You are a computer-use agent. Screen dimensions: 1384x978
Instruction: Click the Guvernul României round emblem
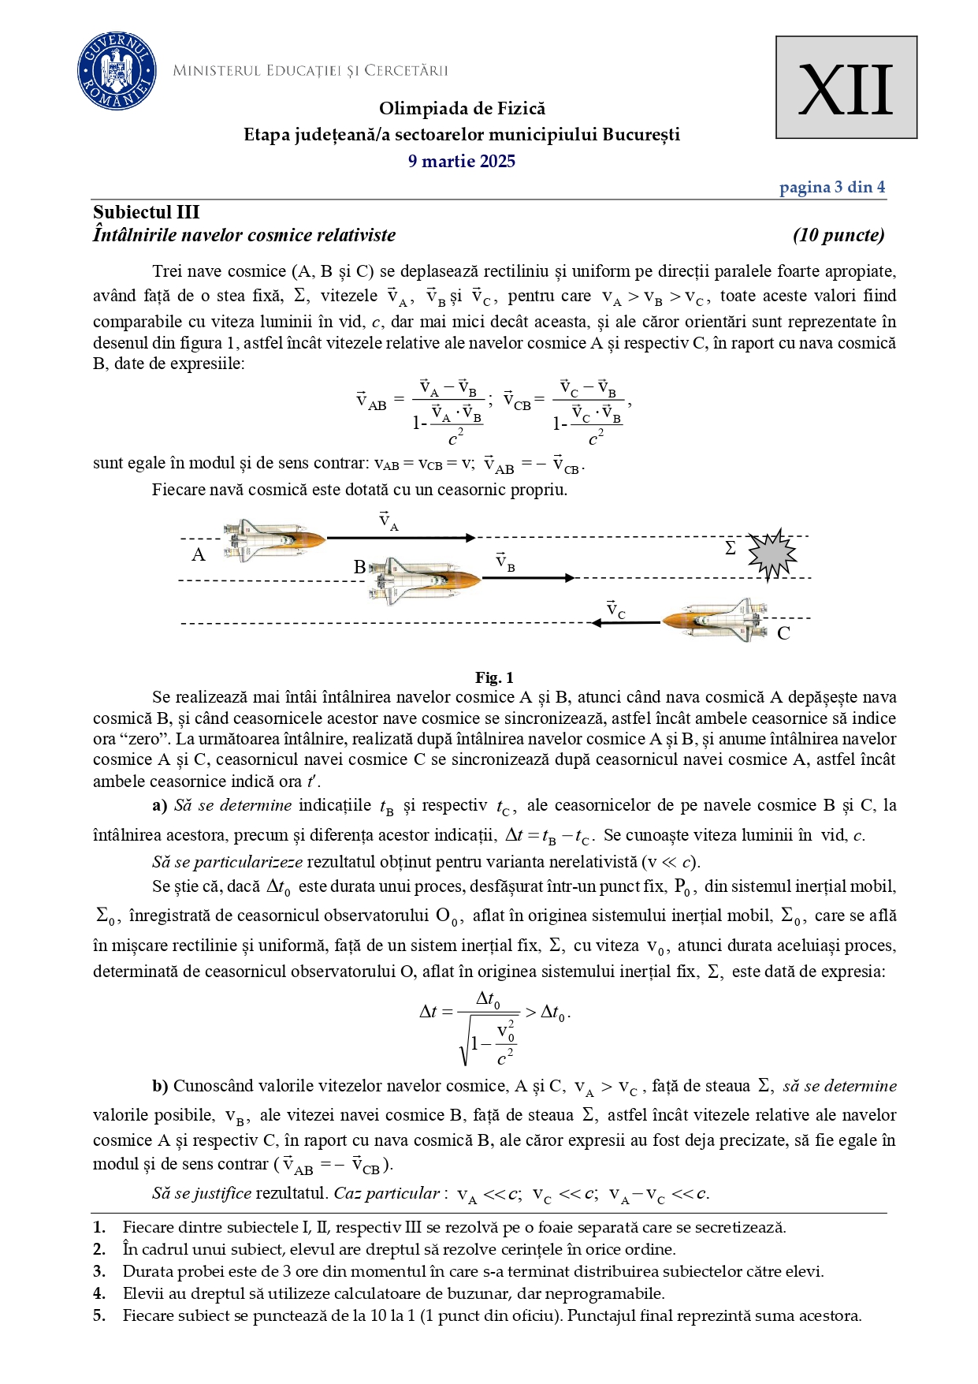click(117, 72)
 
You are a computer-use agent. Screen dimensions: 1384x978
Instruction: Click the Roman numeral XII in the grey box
click(846, 89)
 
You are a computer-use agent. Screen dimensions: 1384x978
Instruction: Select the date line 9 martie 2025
click(462, 162)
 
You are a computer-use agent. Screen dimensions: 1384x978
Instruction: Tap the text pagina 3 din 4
click(831, 188)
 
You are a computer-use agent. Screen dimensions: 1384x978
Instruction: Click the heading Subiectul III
click(147, 212)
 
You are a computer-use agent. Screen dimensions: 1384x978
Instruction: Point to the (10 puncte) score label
click(839, 235)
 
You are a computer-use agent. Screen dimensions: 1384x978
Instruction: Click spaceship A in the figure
click(273, 539)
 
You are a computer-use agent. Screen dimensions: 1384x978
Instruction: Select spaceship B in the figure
click(424, 580)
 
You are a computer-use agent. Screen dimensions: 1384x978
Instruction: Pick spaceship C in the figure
click(716, 619)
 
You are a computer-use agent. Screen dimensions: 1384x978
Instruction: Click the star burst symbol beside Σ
click(772, 554)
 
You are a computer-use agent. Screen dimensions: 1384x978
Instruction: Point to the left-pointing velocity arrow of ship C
click(627, 623)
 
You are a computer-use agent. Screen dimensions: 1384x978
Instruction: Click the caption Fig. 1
click(494, 677)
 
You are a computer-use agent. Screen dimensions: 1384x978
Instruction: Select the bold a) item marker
click(160, 805)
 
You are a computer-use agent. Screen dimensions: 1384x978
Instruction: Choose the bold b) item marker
click(160, 1086)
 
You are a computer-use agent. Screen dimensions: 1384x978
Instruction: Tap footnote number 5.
click(99, 1315)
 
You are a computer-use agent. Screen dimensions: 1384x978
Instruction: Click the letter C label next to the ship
click(783, 633)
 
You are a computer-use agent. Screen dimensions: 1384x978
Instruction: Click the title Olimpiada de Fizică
click(462, 109)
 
